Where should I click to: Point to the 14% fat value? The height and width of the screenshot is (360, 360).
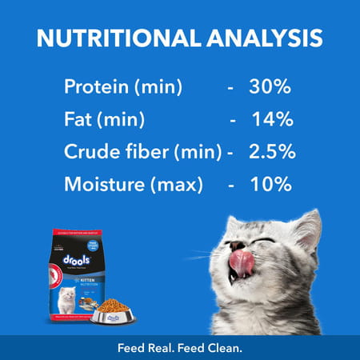[272, 119]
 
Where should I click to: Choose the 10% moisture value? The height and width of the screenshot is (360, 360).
[269, 186]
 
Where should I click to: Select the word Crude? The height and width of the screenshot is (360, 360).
[90, 153]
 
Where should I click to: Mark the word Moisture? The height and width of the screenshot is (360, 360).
[102, 186]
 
